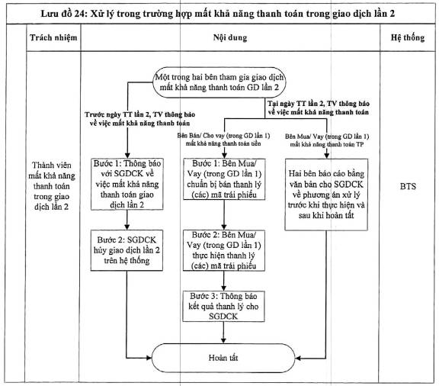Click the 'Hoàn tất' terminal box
223,358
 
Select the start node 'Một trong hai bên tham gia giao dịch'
219,82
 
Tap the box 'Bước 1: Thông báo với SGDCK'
127,184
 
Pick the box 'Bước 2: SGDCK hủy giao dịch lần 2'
127,250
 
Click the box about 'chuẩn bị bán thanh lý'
224,179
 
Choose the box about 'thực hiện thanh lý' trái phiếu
224,250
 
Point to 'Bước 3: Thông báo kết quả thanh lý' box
223,307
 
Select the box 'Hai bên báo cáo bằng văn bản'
326,195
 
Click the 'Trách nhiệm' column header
53,37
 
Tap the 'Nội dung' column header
230,37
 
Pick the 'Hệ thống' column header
408,37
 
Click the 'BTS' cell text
408,186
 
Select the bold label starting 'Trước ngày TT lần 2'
139,119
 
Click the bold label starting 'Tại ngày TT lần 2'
319,108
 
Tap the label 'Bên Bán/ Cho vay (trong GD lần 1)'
223,140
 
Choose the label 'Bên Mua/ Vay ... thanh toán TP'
327,140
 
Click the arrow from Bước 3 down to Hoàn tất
223,333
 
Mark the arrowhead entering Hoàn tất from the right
298,359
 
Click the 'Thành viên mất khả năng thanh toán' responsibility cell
52,186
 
